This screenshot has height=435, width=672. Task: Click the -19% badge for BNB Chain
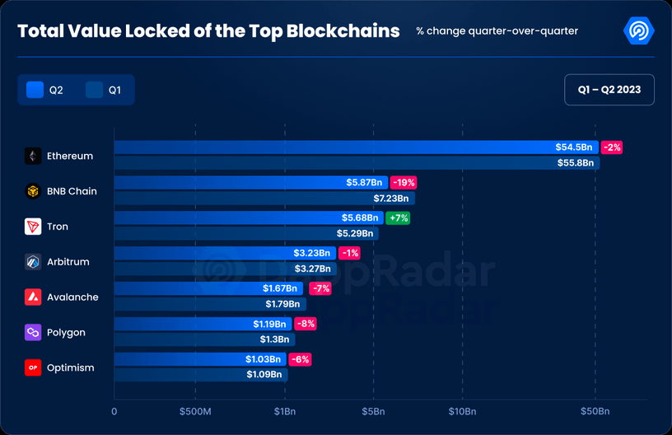(404, 183)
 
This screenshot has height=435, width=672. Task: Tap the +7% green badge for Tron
(398, 218)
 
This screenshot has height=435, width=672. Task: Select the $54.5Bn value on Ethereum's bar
(574, 147)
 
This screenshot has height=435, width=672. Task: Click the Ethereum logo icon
(33, 156)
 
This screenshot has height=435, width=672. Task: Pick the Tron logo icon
(33, 227)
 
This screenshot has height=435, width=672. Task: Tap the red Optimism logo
(33, 367)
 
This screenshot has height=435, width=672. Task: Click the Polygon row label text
(66, 333)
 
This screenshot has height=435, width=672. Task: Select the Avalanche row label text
(72, 297)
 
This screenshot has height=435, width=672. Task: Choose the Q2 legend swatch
(35, 90)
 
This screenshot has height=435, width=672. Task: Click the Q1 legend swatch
(94, 90)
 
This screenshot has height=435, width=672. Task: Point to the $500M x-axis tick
(194, 411)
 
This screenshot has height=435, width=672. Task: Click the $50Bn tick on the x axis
(595, 411)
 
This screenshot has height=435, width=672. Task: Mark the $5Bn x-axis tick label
(374, 411)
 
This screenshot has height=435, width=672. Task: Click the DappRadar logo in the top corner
(639, 31)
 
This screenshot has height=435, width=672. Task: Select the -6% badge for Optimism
(300, 359)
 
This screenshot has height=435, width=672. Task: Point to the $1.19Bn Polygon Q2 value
(270, 324)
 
